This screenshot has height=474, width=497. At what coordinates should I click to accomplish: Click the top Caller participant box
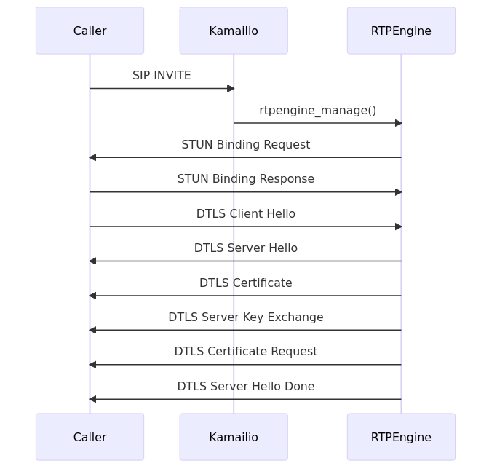tap(90, 31)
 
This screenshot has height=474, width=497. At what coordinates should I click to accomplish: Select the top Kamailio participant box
tap(234, 31)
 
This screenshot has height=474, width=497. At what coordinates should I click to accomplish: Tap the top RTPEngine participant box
tap(401, 31)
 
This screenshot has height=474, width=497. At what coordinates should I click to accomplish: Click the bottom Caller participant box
tap(90, 437)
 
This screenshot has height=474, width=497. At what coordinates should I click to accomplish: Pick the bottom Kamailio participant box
tap(234, 437)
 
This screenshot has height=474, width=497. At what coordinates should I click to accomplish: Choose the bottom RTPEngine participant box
tap(401, 437)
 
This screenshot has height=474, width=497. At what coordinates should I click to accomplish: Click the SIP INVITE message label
tap(162, 76)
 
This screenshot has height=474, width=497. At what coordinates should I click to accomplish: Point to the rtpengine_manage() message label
tap(317, 111)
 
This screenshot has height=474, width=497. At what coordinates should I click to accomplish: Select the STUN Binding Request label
tap(245, 145)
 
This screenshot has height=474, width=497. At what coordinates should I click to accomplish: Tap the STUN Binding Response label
tap(245, 179)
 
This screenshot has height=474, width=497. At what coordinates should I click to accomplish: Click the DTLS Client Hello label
tap(245, 214)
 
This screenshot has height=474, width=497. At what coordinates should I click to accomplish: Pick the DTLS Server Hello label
tap(245, 248)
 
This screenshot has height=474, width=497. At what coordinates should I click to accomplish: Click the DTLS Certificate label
tap(245, 283)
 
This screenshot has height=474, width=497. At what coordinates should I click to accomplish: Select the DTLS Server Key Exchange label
tap(245, 317)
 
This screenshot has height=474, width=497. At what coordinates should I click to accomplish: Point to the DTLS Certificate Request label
tap(245, 352)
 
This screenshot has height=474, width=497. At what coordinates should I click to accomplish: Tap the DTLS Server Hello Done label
tap(245, 387)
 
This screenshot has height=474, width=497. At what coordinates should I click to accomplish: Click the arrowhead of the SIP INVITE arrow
tap(231, 89)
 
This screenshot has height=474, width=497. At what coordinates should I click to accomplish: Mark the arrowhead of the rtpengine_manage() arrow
tap(398, 123)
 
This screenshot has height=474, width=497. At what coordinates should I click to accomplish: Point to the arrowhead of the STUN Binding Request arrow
tap(92, 157)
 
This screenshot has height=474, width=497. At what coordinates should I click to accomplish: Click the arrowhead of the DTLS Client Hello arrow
tap(398, 226)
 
